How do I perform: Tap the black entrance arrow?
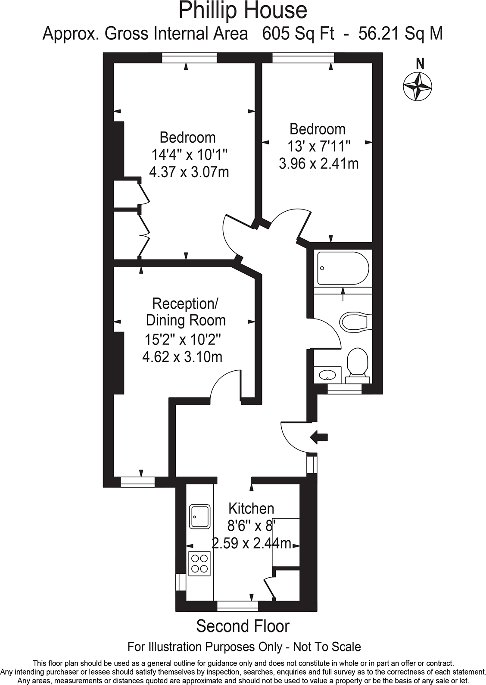pyautogui.click(x=319, y=437)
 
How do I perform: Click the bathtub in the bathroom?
pyautogui.click(x=343, y=268)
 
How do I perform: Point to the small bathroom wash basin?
pyautogui.click(x=327, y=374)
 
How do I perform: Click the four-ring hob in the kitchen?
pyautogui.click(x=199, y=563)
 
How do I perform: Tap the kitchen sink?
pyautogui.click(x=199, y=516)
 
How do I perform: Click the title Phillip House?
pyautogui.click(x=243, y=10)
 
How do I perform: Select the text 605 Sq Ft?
pyautogui.click(x=298, y=33)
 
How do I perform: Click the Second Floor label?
pyautogui.click(x=243, y=626)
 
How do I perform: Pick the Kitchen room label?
pyautogui.click(x=251, y=509)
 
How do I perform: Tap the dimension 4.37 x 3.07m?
pyautogui.click(x=189, y=172)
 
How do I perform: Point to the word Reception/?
pyautogui.click(x=186, y=303)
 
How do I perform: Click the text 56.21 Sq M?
pyautogui.click(x=401, y=33)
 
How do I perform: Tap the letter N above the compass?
pyautogui.click(x=420, y=64)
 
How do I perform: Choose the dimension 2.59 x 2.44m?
pyautogui.click(x=251, y=543)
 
